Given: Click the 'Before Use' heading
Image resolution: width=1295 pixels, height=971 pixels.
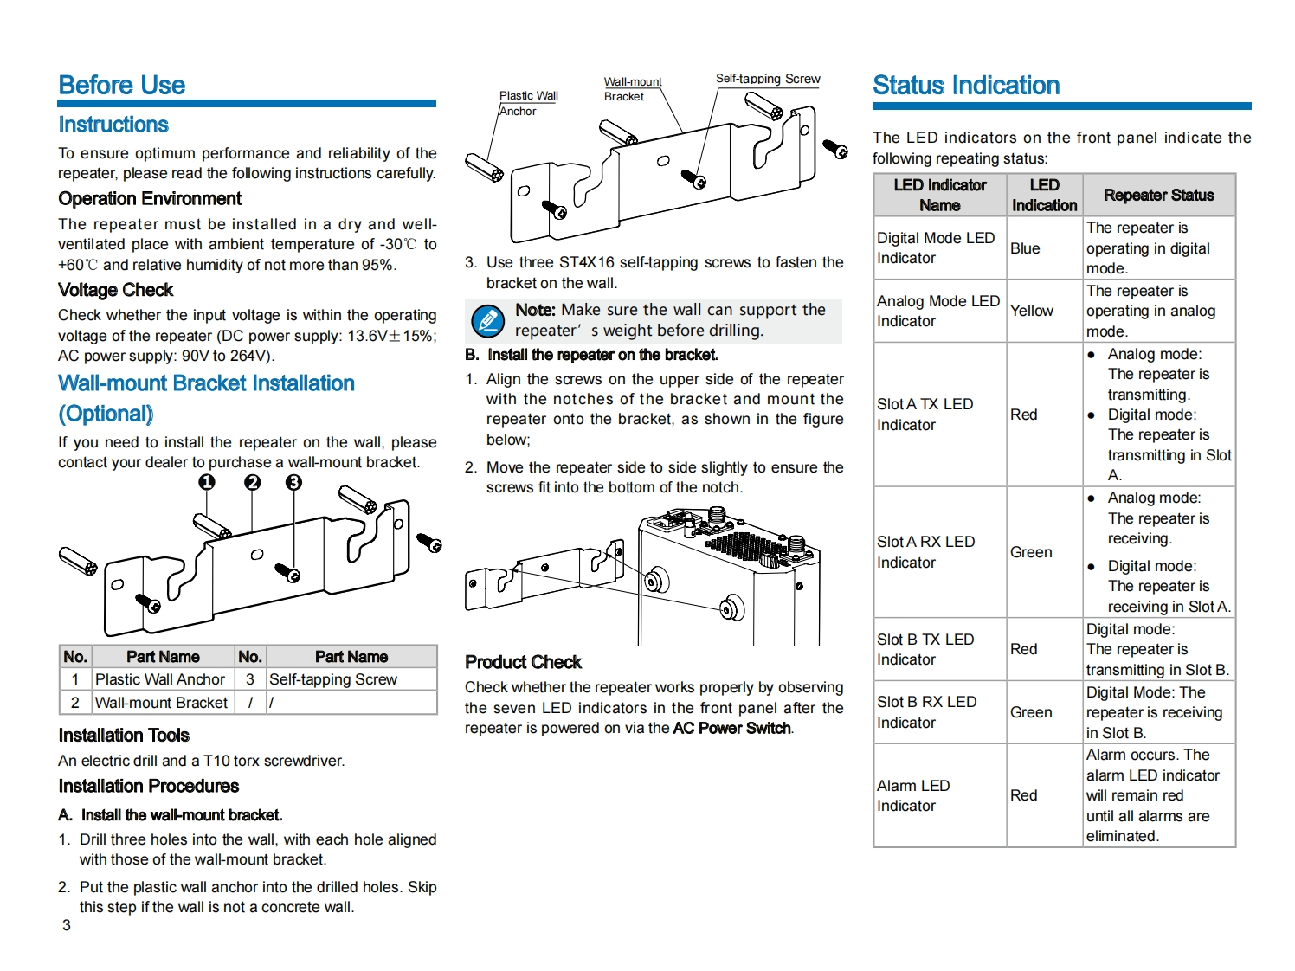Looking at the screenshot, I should tap(122, 85).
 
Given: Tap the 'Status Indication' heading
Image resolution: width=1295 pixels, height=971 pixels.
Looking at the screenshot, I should tap(966, 85).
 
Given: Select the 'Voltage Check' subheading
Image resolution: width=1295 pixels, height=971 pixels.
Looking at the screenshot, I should tap(115, 290).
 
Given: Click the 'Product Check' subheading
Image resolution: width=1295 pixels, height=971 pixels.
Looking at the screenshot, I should tap(523, 662).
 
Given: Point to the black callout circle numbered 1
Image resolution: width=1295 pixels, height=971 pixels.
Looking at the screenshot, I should tap(207, 482).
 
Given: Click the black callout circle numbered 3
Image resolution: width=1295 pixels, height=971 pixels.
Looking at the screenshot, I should tap(294, 482).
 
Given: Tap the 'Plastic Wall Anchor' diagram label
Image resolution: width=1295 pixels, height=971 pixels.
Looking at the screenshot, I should tap(528, 103).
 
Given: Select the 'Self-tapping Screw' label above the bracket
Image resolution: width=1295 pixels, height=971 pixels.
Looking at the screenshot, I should tap(768, 79).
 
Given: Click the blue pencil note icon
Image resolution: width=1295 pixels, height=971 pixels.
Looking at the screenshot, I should tap(487, 321).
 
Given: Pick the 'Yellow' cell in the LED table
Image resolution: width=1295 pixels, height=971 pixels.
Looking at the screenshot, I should tap(1032, 311).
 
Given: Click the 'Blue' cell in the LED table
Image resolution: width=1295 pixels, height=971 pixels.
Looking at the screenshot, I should tap(1025, 248).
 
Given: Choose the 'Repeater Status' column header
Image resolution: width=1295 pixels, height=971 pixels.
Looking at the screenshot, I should tap(1158, 195).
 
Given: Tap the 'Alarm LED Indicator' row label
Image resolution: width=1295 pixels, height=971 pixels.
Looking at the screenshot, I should tap(913, 795).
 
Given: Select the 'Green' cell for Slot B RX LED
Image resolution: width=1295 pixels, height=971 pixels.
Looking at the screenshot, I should tap(1031, 712).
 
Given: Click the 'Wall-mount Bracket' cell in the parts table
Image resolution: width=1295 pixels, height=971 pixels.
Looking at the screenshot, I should tap(161, 703).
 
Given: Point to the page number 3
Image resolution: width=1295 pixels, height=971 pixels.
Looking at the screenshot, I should tap(67, 925).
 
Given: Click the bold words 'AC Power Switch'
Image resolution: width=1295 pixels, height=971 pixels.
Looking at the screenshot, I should tap(731, 728).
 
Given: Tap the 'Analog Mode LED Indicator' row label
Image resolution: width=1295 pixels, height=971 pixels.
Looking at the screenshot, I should tap(937, 311).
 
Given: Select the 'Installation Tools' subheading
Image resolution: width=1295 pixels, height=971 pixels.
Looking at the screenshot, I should tap(124, 736).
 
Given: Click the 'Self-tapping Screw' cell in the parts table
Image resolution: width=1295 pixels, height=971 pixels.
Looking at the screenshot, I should tap(333, 679).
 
